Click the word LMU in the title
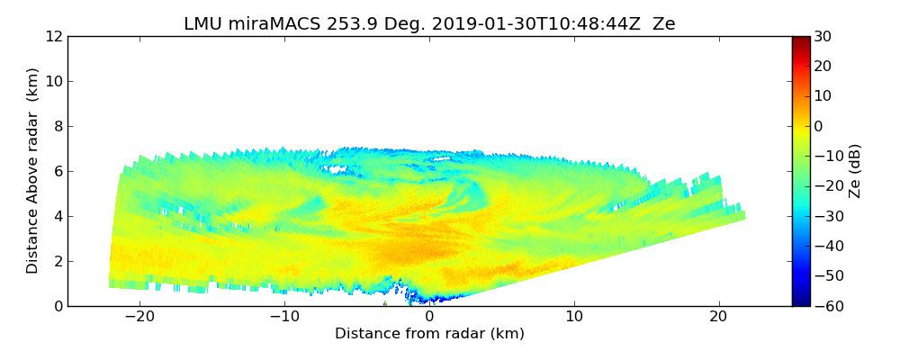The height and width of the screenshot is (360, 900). click(x=203, y=24)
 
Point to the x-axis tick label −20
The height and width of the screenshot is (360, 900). click(x=139, y=317)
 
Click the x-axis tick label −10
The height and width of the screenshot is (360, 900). click(x=284, y=317)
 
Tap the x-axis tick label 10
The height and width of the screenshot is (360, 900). click(x=574, y=317)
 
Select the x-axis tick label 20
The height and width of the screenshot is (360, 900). click(x=719, y=317)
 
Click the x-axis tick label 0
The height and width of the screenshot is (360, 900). click(x=429, y=317)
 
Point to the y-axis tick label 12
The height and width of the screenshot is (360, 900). click(x=53, y=37)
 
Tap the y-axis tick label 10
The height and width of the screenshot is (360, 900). click(x=53, y=82)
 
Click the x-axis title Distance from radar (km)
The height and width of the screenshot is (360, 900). click(x=429, y=334)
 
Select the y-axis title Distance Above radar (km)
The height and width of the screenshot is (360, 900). click(x=33, y=170)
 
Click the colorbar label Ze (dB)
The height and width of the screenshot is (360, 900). click(x=855, y=170)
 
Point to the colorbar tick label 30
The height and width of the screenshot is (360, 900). click(x=823, y=37)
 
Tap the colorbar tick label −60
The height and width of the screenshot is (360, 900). click(x=825, y=306)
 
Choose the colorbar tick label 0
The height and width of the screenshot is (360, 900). click(x=818, y=126)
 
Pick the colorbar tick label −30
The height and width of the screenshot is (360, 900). click(x=825, y=216)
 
